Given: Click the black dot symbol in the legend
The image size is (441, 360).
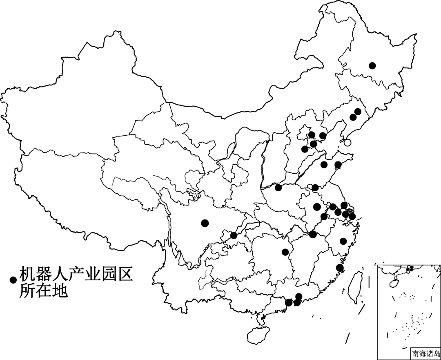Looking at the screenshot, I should pos(13,280).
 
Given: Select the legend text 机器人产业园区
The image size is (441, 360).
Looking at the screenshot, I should pos(76,274).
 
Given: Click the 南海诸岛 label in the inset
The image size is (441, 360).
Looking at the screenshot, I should pos(426,353).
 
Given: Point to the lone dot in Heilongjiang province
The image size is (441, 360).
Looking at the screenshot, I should pos(372,65).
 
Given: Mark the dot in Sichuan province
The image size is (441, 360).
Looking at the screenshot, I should pos(205,223).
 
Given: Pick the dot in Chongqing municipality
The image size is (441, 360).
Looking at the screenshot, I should pos(234,235).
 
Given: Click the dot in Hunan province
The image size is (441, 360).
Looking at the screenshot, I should pos(285,252).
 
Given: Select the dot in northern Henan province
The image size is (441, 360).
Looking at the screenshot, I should pos(278,188).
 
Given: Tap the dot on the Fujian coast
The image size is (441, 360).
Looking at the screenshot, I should pos(339,268).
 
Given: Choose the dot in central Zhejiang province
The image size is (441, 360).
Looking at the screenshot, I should pos(343,241).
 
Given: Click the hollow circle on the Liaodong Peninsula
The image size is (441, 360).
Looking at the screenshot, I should pos(347,143).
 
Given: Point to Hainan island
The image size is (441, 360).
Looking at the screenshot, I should pos(258,335).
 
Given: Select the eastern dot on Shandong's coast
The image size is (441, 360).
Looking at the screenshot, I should pos(338,165).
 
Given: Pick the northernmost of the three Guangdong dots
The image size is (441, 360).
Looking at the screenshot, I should pos(298,296).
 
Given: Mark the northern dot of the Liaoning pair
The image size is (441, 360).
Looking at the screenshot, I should pos(358,111).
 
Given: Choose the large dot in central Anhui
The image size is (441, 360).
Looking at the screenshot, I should pos(316,207).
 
